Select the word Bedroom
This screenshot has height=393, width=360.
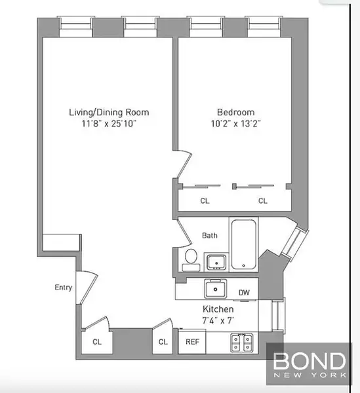pos(235,112)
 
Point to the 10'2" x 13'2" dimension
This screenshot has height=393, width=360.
pos(235,123)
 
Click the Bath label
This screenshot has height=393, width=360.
pos(210,236)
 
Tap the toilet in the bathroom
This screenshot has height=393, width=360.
pos(191,259)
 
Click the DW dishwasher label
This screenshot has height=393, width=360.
pos(243,293)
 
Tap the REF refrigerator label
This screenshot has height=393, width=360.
pos(193,342)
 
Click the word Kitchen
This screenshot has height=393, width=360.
pos(217,309)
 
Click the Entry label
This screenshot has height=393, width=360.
pos(63,287)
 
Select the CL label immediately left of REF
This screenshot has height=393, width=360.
pos(163,342)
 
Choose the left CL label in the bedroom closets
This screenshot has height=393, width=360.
pos(205,201)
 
